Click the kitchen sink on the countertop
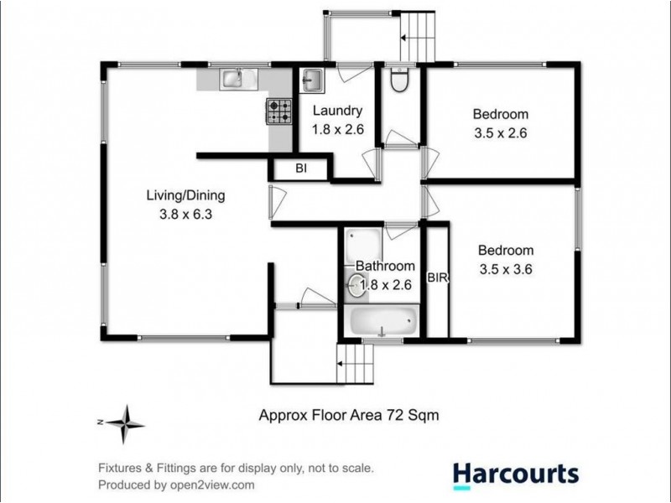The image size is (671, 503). click(231, 79)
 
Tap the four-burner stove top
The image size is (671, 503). click(279, 111)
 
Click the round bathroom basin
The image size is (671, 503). click(354, 285)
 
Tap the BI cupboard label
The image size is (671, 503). click(301, 169)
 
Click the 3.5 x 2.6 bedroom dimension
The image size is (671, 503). click(500, 133)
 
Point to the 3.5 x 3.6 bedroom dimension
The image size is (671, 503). click(506, 269)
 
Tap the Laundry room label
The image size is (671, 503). click(337, 111)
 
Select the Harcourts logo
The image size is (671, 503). click(515, 474)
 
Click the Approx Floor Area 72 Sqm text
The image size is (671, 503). click(349, 414)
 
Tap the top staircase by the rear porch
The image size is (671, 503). click(419, 37)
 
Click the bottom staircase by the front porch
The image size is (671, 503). click(357, 366)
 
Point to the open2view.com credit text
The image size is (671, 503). click(176, 485)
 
